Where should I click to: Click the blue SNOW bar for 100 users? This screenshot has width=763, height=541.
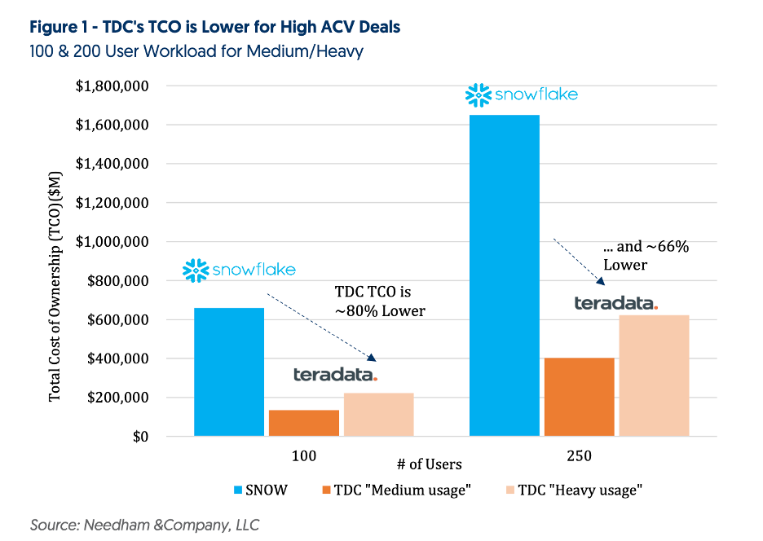point(229,372)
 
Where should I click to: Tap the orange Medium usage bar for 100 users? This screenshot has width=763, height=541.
point(304,423)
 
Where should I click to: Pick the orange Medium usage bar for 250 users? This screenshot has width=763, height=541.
point(580,397)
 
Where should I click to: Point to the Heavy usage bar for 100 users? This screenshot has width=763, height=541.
point(378,415)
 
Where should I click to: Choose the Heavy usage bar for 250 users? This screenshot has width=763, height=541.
point(654,376)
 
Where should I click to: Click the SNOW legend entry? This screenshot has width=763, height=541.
point(260,490)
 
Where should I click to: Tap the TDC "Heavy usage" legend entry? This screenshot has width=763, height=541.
point(563,490)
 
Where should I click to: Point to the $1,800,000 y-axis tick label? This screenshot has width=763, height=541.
point(111,86)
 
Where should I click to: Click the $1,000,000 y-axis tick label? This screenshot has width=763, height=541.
point(111,242)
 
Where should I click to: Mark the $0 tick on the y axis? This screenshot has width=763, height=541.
point(135,437)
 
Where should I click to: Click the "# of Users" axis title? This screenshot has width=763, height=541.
point(429,464)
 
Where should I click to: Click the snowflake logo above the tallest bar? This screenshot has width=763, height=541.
point(521,95)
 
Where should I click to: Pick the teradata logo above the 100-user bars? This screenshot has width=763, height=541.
point(335,375)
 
